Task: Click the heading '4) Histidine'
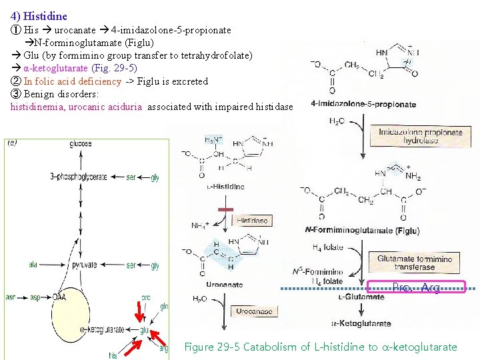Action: [39, 15]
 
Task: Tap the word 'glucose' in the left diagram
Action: [80, 144]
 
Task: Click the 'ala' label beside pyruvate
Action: [32, 265]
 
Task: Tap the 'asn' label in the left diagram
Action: [11, 297]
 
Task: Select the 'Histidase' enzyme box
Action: [252, 220]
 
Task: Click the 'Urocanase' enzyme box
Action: [255, 312]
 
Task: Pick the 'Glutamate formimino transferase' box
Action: [413, 263]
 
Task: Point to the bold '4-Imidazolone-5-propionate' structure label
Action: [363, 105]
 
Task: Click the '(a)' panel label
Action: [12, 143]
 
